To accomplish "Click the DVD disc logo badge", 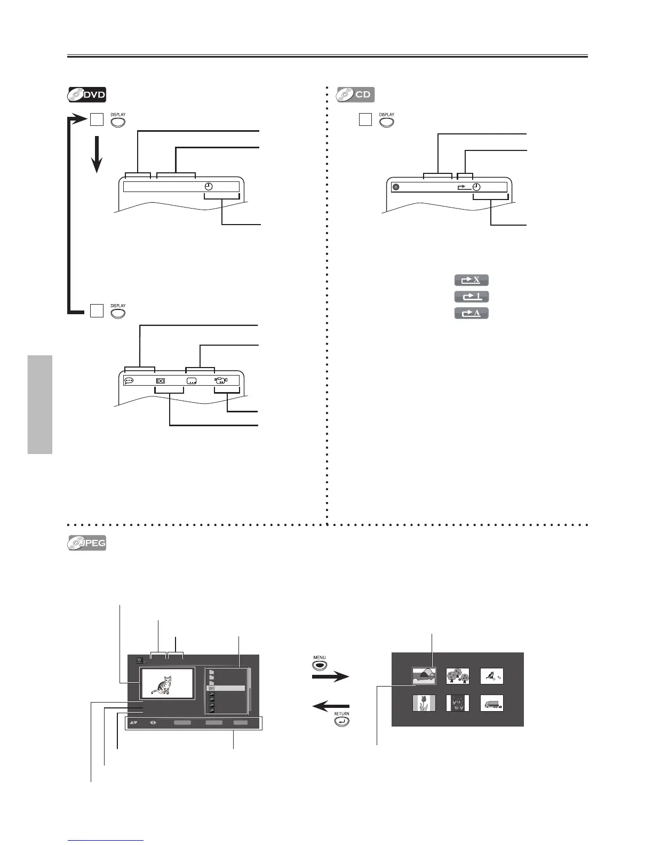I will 86,95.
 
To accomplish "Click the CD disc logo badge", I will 355,95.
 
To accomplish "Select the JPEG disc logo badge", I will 86,543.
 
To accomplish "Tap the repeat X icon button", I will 471,280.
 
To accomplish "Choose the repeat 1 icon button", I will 471,297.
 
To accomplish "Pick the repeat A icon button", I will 471,313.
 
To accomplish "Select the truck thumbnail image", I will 491,703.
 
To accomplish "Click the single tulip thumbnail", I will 424,703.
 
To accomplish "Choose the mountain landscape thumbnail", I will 424,676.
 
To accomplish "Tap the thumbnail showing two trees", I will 458,676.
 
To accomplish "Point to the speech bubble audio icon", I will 129,381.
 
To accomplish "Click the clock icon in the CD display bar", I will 476,187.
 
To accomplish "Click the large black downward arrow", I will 97,155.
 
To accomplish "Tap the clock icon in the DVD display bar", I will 209,187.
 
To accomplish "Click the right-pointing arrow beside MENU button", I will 330,677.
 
